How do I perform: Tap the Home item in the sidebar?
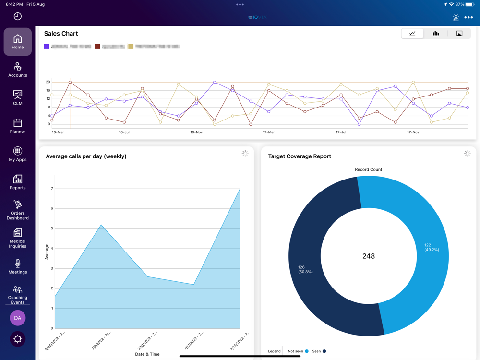click(18, 41)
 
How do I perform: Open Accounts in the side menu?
click(18, 70)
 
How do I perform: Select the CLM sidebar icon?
click(18, 97)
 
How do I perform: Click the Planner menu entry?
click(18, 126)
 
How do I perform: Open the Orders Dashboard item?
click(18, 210)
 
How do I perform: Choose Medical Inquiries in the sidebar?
click(18, 239)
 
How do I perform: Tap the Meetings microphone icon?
click(18, 264)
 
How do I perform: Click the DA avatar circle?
click(18, 318)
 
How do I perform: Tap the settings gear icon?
click(18, 339)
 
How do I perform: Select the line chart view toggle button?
click(412, 34)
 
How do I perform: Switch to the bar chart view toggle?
click(436, 34)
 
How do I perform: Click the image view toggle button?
click(459, 34)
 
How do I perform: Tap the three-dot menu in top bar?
click(469, 18)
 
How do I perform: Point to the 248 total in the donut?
click(369, 256)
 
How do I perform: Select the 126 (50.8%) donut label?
click(305, 269)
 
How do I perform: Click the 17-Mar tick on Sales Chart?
click(269, 132)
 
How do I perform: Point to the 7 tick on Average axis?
click(52, 189)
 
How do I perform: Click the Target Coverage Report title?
click(300, 156)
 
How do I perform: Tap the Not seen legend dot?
click(307, 351)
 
